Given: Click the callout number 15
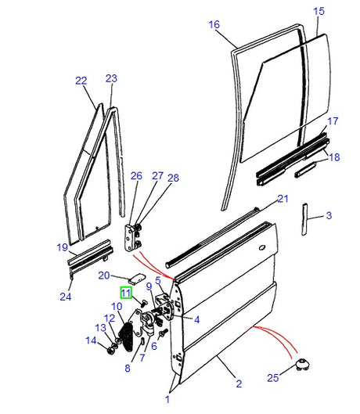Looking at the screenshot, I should coord(318,11).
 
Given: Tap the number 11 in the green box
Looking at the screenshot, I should coord(127,293).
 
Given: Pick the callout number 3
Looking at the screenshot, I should coord(329,215).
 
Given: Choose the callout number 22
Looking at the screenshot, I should coord(81,80).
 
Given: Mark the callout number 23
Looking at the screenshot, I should coord(110,78).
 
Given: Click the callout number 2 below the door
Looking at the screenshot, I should coord(239,383).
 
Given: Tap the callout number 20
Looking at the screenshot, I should coord(104,275).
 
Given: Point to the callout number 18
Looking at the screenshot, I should coord(334,158).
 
